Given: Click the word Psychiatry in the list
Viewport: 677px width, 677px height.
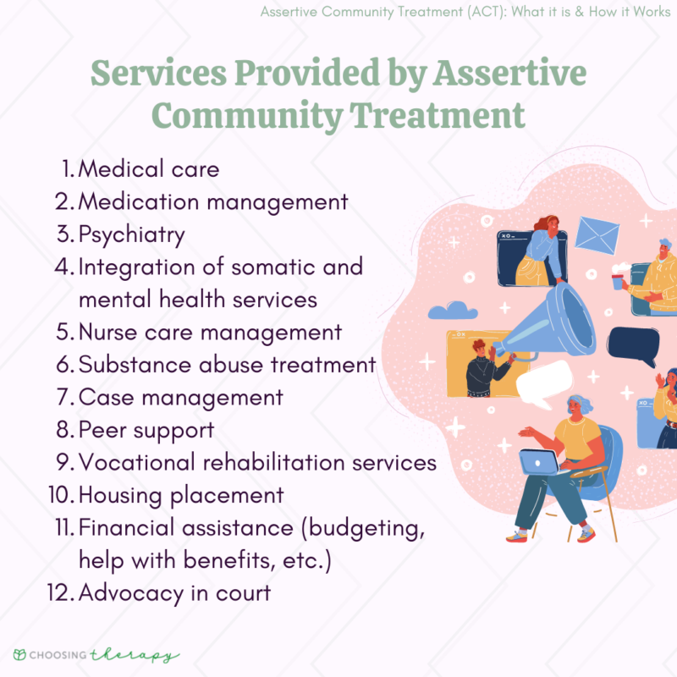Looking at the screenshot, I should (x=131, y=234).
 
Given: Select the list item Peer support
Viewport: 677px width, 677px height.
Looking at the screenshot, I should (x=146, y=430).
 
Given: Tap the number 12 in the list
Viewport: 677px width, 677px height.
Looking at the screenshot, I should (x=61, y=592).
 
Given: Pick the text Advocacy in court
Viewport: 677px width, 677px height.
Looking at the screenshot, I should (x=174, y=592).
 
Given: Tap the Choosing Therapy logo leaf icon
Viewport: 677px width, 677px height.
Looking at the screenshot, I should (x=19, y=655).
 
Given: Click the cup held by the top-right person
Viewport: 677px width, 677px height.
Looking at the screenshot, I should (x=619, y=273).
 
